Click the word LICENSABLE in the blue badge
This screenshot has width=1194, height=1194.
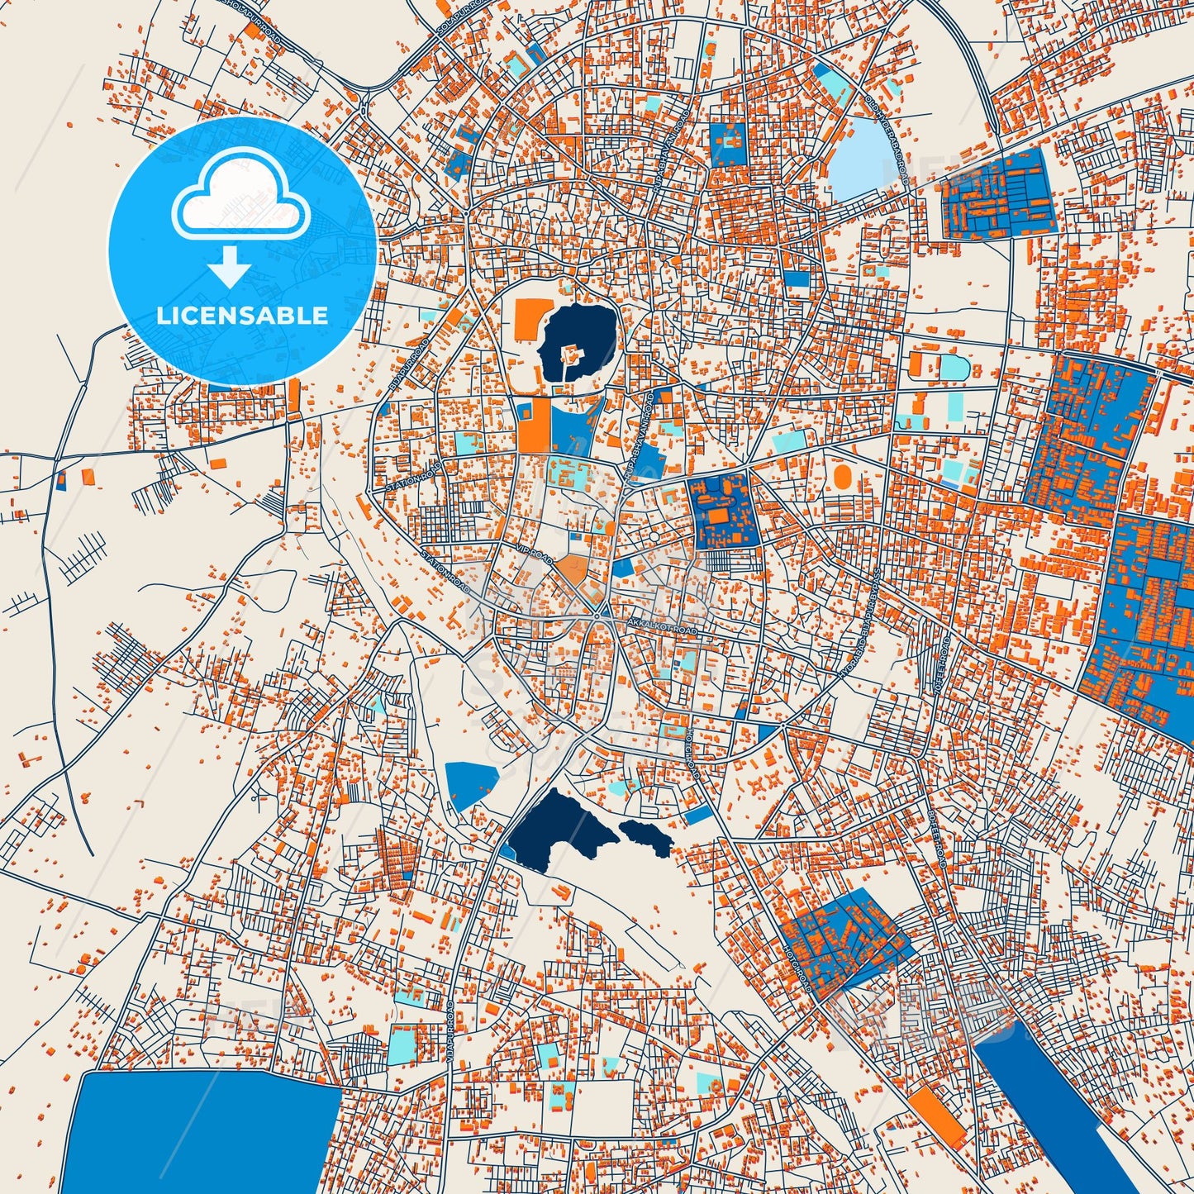point(242,316)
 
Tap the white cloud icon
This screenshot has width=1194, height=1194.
point(240,199)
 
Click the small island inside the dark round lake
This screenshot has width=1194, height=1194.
point(569,355)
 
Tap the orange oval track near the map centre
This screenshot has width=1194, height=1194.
point(842,476)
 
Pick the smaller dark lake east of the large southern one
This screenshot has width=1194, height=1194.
point(646,836)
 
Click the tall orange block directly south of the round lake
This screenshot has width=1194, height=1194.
point(533,426)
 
